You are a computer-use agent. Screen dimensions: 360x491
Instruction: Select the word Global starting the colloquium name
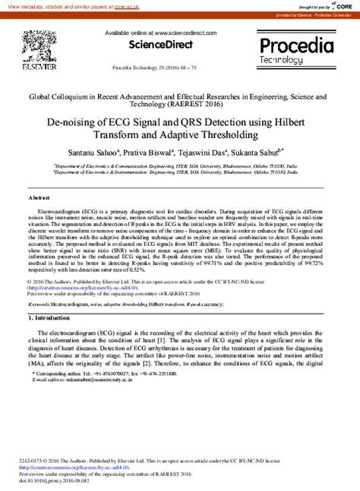43,97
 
